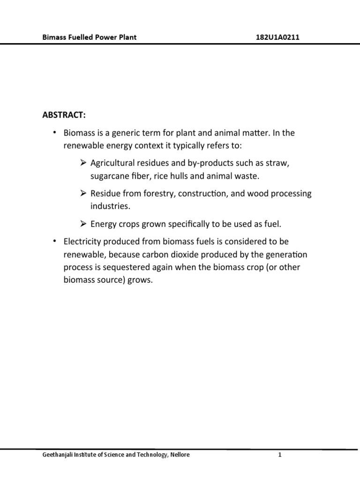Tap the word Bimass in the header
tap(54, 37)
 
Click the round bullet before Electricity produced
tap(54, 241)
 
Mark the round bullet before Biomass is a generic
tap(54, 133)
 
